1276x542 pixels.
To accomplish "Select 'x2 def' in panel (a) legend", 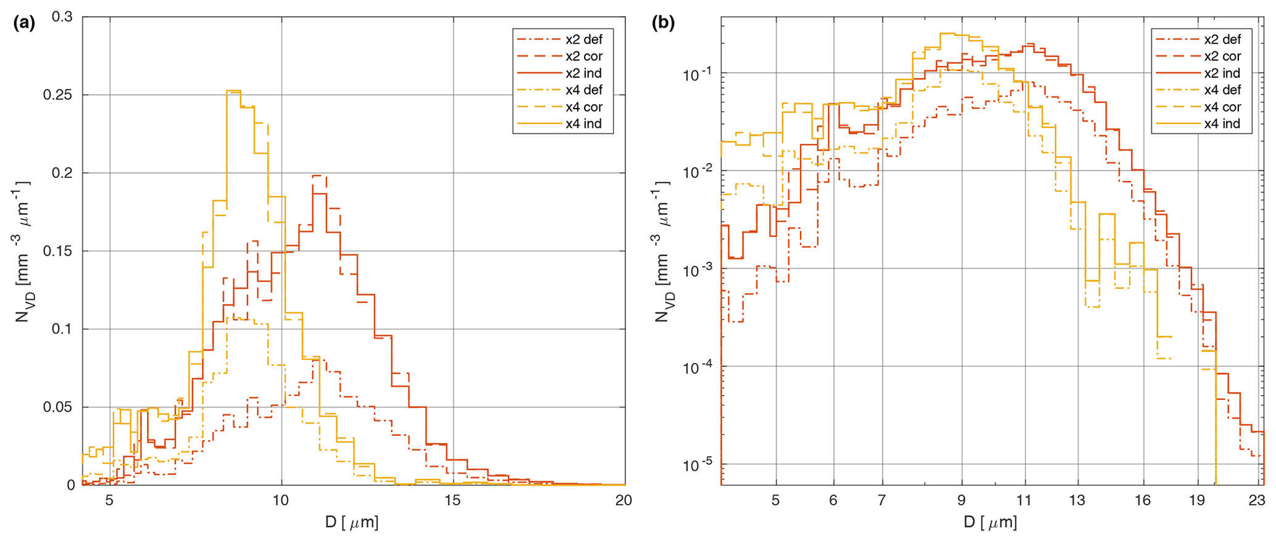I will tap(583, 40).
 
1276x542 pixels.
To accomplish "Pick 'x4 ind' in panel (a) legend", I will tap(583, 123).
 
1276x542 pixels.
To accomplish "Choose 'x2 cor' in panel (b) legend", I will tap(1222, 56).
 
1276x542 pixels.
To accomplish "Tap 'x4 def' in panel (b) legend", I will tap(1222, 90).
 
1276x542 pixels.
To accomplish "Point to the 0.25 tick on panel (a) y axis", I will tap(59, 95).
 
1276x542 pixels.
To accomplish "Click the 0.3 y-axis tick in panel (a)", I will tap(62, 17).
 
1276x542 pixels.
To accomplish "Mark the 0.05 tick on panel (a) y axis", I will tap(59, 407).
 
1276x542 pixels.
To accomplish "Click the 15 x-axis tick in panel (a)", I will tap(452, 500).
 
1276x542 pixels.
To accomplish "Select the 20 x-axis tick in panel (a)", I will tap(624, 500).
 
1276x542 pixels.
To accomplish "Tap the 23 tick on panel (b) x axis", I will tap(1257, 500).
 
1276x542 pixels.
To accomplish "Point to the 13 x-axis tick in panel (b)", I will tap(1077, 500).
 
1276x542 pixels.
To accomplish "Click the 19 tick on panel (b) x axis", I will tap(1197, 500).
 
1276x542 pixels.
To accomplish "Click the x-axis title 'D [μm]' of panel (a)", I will tap(352, 523).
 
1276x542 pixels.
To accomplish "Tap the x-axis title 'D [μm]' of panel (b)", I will tap(990, 523).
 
